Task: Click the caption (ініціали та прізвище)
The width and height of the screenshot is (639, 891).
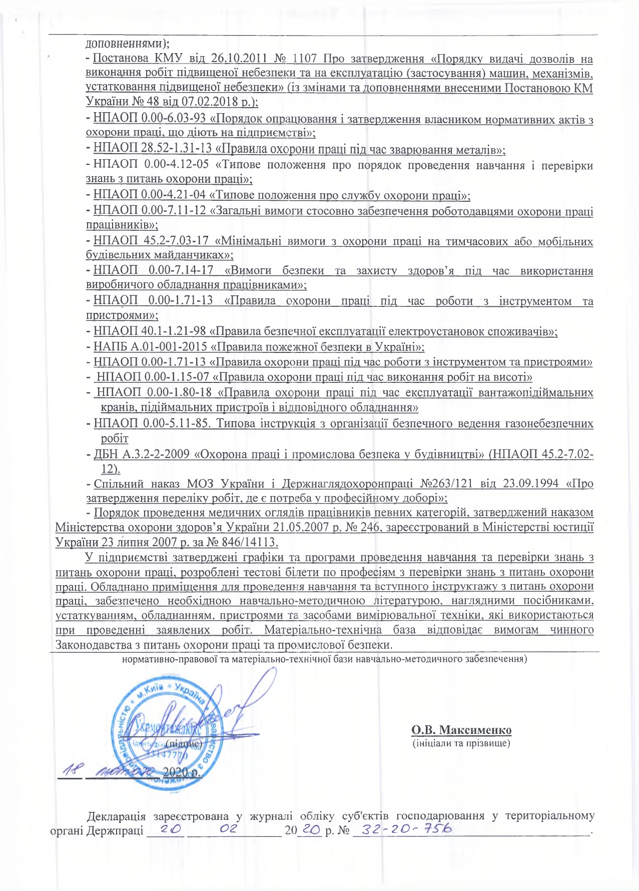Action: (x=461, y=743)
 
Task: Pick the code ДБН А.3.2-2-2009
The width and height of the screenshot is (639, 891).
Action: (x=141, y=455)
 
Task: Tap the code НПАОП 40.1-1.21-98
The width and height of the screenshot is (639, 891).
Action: (x=149, y=331)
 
